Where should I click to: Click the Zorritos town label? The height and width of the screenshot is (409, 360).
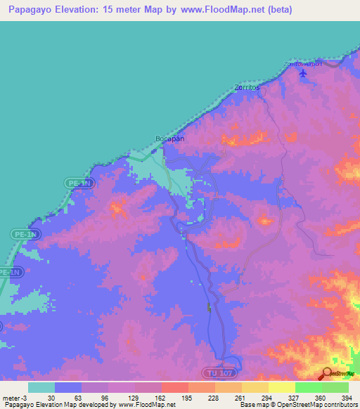(x=247, y=89)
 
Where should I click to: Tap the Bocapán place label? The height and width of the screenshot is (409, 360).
(x=169, y=138)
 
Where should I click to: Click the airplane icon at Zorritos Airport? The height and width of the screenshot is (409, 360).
(x=303, y=74)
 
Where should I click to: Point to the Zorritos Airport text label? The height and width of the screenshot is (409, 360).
(x=302, y=64)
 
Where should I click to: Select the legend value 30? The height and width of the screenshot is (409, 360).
(x=51, y=397)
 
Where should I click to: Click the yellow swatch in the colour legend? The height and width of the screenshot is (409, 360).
(x=281, y=387)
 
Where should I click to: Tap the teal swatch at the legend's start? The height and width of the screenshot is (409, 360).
(x=41, y=387)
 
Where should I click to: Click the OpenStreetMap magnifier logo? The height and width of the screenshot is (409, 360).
(x=327, y=373)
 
